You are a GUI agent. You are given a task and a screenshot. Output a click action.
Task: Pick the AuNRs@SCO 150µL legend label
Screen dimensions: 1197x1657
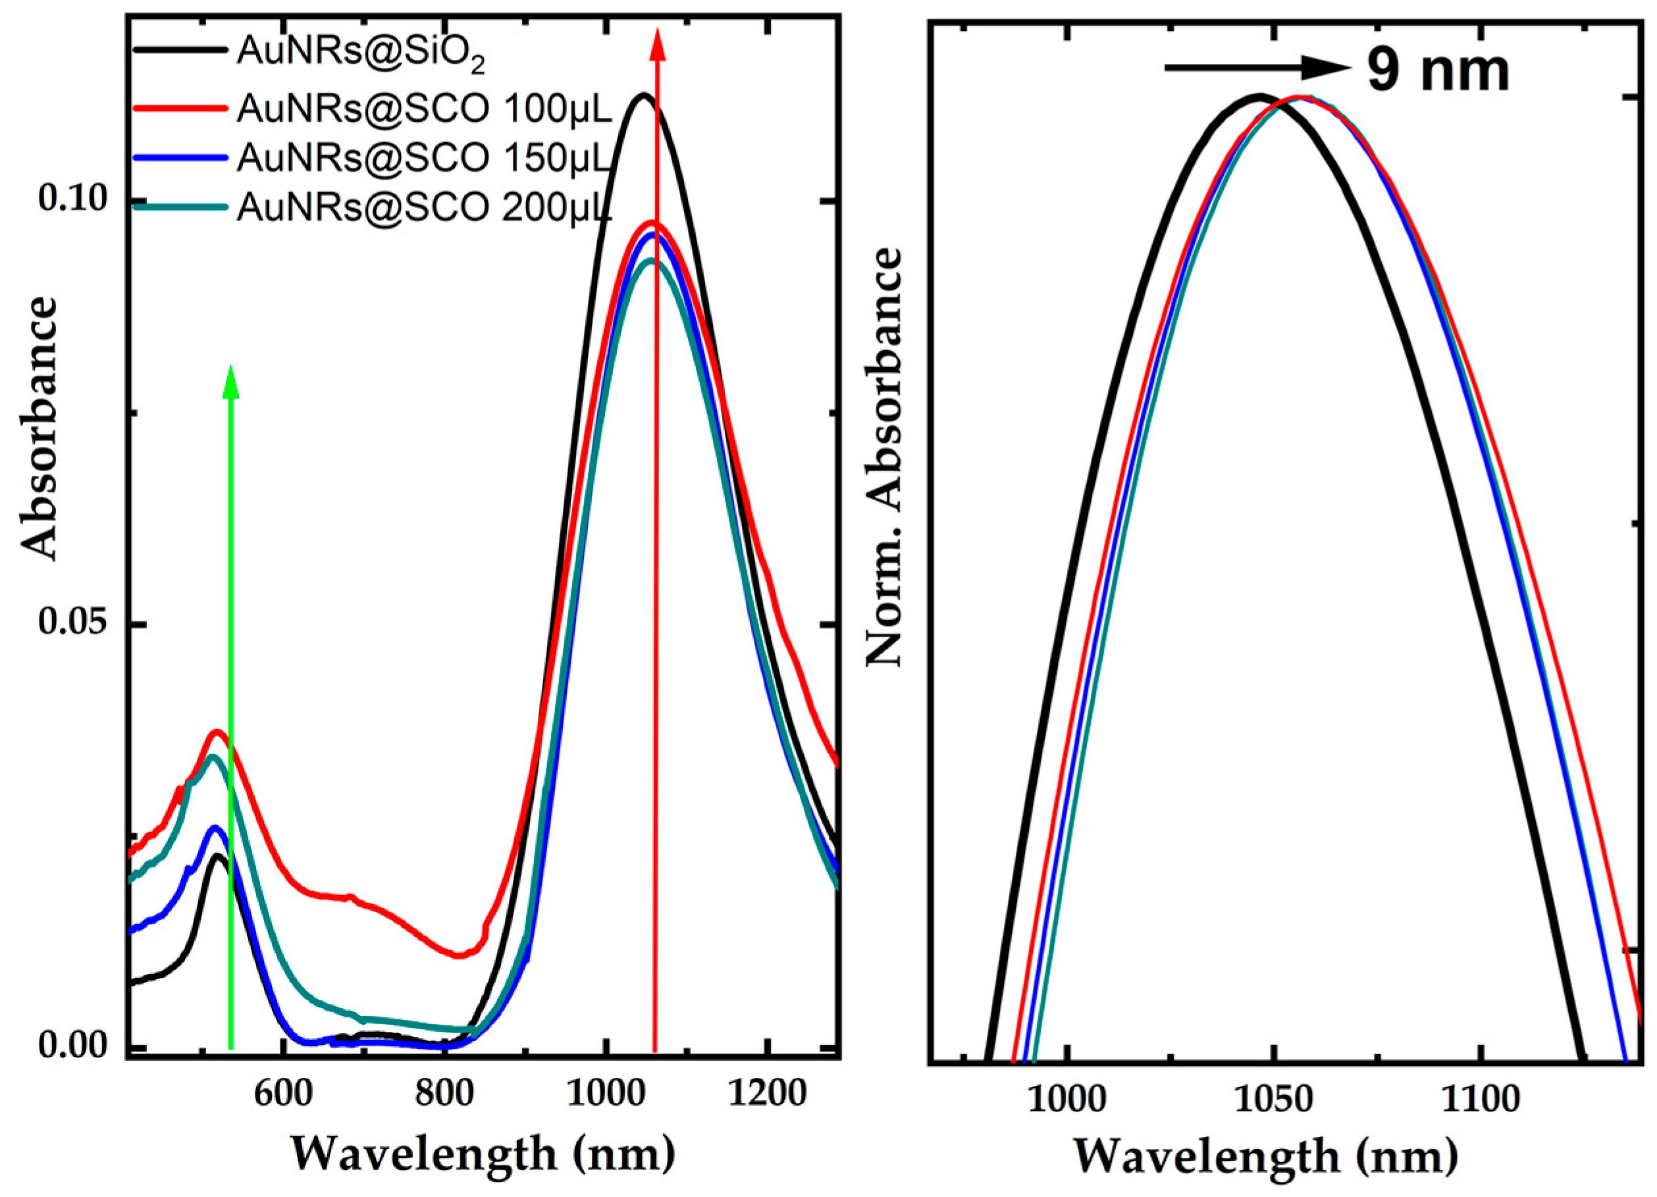424,158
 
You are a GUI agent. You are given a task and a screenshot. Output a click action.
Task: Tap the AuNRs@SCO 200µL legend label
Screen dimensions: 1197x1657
424,207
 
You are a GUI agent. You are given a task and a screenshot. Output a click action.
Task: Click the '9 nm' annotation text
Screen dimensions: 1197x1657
1438,72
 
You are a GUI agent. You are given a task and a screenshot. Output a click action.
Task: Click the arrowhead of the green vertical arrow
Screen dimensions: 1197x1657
231,381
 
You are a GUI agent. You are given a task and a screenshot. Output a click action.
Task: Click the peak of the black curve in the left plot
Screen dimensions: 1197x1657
643,94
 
